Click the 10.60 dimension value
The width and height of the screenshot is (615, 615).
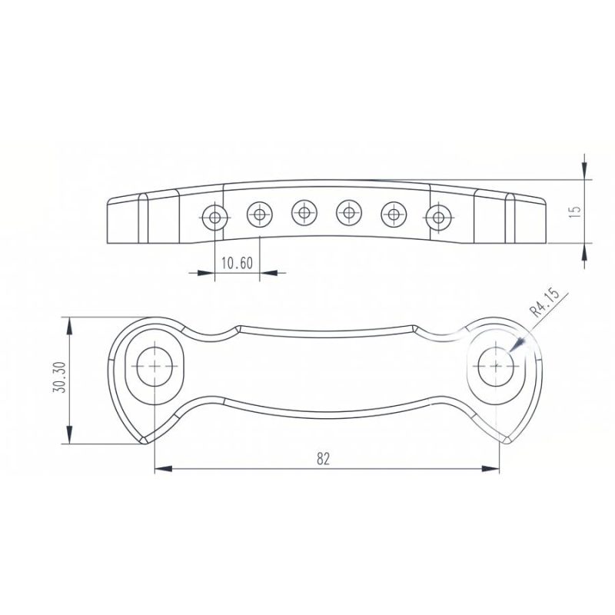[x=237, y=263]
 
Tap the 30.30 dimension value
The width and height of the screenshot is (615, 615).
[x=59, y=377]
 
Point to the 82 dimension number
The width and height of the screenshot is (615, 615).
[x=323, y=458]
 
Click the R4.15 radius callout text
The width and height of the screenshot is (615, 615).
[x=544, y=302]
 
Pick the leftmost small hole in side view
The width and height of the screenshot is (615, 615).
[x=215, y=217]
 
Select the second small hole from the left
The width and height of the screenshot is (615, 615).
[x=260, y=214]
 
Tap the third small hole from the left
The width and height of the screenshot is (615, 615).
[x=304, y=213]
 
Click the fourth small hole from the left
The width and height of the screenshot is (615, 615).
[x=349, y=213]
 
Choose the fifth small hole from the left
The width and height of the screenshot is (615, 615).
[x=394, y=214]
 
